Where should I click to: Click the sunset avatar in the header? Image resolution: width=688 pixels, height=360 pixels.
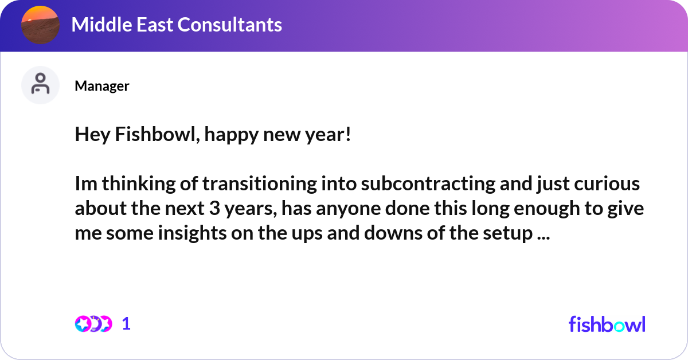tap(40, 25)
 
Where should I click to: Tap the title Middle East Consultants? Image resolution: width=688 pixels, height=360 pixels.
tap(177, 25)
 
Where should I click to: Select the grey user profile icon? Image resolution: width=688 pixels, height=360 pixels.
tap(40, 85)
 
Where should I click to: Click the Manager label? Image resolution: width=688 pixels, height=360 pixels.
tap(101, 86)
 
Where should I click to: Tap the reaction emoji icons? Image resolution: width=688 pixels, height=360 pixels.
tap(93, 324)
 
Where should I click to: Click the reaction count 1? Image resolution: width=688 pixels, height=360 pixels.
tap(126, 324)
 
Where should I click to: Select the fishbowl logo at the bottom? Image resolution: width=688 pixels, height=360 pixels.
tap(607, 324)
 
